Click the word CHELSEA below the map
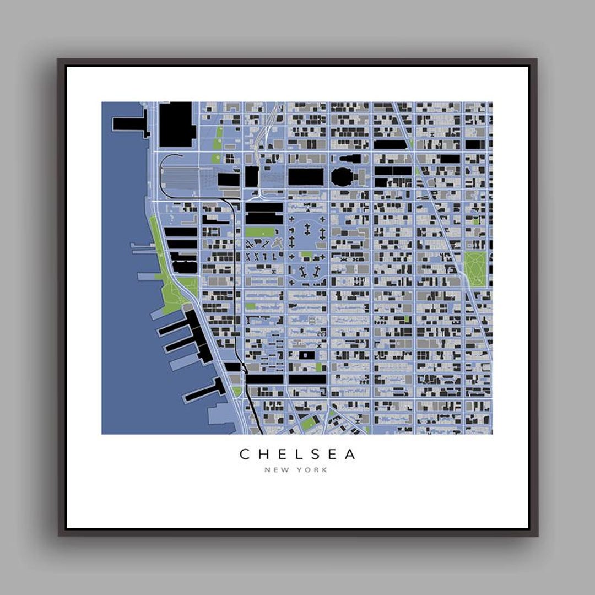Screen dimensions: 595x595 (x=297, y=454)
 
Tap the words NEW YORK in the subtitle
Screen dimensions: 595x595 (x=296, y=470)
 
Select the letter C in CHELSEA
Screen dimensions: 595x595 (x=245, y=454)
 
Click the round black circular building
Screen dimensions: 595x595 (x=343, y=177)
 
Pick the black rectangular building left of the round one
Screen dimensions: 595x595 (x=306, y=177)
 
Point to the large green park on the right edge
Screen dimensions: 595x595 (x=475, y=269)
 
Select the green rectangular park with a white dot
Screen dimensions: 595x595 (x=262, y=232)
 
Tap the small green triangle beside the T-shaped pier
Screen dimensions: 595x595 (x=236, y=391)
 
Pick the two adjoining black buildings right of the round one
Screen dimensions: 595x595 (x=393, y=171)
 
